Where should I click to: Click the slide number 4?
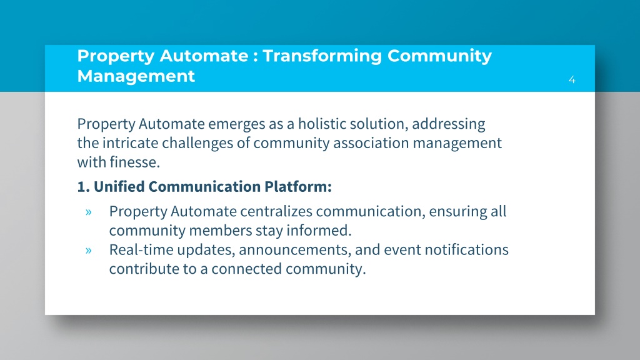(572, 79)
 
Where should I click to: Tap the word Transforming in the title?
(322, 56)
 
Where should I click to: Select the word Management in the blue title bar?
(136, 76)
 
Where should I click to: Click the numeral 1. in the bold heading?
(83, 186)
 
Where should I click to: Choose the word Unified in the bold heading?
(119, 186)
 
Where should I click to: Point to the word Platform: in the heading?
(298, 186)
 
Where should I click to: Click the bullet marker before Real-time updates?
(89, 250)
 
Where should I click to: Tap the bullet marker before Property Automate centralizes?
(89, 212)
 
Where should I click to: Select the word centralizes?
(276, 211)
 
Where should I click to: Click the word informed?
(319, 231)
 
